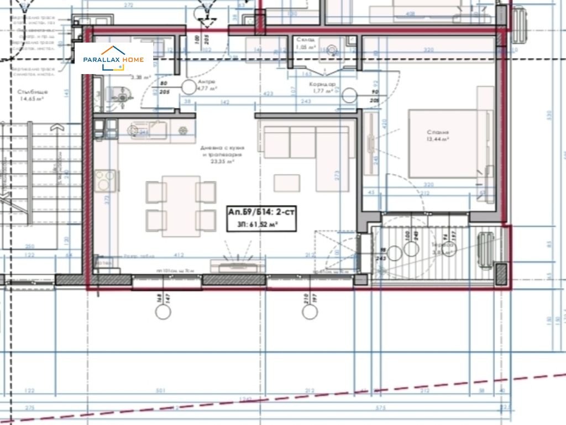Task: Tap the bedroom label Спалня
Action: coord(438,133)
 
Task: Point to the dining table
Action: coord(181,206)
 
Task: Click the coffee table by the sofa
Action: coord(287,183)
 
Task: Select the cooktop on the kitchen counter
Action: coord(106,180)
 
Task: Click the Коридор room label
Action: coord(322,84)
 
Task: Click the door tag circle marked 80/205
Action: coord(189,86)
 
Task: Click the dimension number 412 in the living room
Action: coord(179,255)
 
